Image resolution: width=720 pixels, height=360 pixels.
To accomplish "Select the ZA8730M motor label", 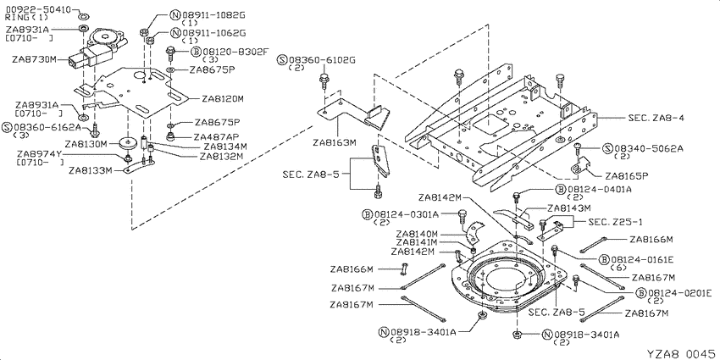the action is (34, 59).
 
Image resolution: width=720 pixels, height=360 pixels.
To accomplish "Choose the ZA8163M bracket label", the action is (335, 142).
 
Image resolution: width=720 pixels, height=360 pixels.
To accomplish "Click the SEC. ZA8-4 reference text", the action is (656, 118).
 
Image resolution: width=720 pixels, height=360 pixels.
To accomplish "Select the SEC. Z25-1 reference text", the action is (616, 222).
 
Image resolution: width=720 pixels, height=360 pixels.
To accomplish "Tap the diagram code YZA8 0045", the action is (681, 353).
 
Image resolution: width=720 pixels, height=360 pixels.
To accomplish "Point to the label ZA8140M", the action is (417, 234).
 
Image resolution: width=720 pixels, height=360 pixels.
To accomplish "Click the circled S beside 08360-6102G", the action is (282, 60).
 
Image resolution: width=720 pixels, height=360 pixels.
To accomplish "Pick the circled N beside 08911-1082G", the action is (175, 15).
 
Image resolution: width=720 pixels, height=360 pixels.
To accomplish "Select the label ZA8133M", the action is (91, 171).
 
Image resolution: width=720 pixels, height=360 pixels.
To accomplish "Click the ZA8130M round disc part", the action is (128, 143).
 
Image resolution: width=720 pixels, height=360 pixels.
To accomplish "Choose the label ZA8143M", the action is (563, 208).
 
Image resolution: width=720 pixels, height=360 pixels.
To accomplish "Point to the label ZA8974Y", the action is (39, 154).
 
